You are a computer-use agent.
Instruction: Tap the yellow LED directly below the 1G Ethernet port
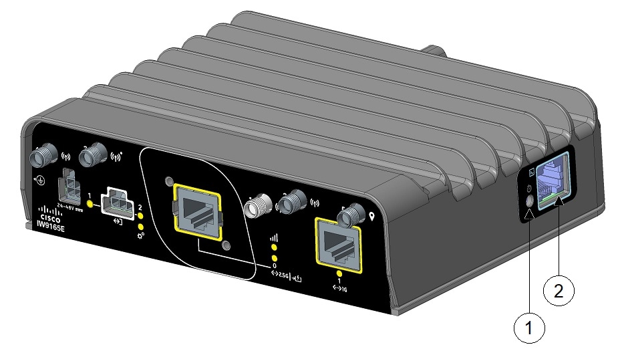click(x=339, y=273)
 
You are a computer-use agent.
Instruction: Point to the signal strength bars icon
click(x=272, y=237)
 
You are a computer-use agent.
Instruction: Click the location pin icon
click(x=371, y=217)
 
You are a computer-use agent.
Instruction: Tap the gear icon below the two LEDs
click(x=141, y=237)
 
